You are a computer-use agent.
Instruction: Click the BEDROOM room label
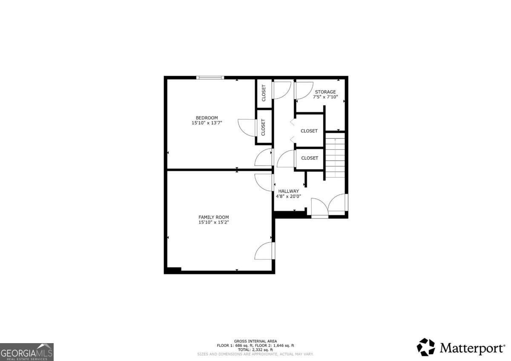207,118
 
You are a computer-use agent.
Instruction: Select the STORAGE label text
325,92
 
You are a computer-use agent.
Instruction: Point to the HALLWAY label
288,191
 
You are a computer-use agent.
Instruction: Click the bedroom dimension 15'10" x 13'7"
207,123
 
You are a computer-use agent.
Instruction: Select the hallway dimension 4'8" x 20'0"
288,196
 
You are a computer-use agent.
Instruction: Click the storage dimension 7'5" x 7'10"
325,97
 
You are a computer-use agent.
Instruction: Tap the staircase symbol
335,155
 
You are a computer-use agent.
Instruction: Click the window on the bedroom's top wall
210,77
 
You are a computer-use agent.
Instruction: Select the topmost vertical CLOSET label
264,93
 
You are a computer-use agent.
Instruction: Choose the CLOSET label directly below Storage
309,131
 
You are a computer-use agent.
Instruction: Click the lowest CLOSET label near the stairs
310,158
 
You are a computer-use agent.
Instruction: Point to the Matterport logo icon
425,347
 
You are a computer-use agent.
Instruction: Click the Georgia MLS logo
27,352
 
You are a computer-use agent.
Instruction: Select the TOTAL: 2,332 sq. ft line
255,350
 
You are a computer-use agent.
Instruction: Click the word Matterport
472,349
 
